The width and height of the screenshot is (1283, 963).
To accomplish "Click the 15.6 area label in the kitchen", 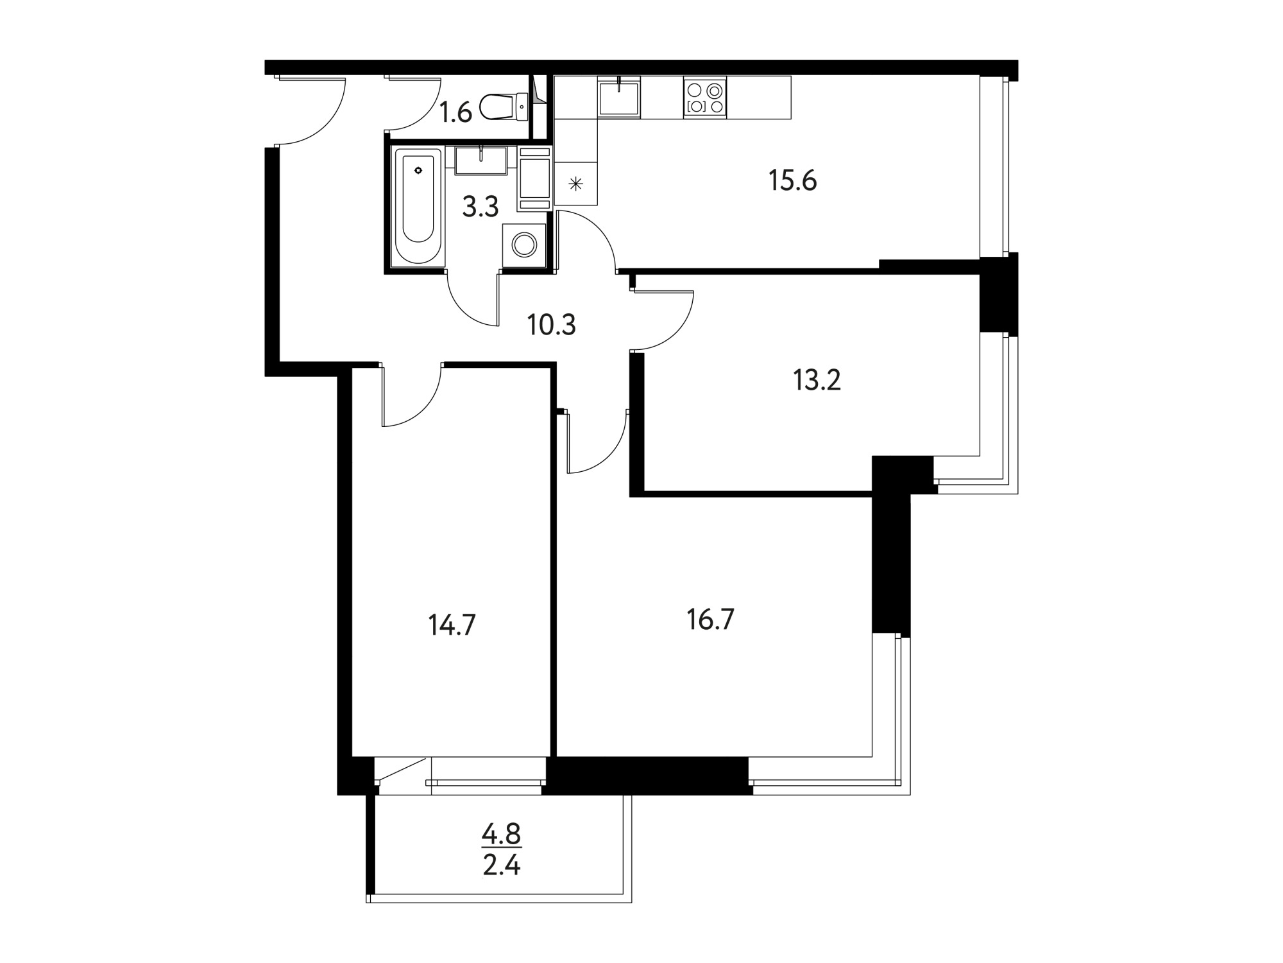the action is [792, 182].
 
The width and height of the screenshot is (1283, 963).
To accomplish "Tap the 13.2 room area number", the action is [817, 381].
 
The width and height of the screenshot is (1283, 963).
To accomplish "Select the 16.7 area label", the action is [710, 620].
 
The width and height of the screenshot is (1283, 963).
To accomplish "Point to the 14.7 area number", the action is [452, 625].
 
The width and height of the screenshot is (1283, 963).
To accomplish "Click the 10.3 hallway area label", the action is [552, 325].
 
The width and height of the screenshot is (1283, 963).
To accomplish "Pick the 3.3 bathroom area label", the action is [480, 207].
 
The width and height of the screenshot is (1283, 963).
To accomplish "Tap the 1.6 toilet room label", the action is [455, 113].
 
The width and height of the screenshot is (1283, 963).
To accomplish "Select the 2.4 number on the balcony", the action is [501, 866].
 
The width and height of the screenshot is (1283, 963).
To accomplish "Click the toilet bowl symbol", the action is [504, 107].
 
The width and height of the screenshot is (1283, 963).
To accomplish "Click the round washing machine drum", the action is [525, 244].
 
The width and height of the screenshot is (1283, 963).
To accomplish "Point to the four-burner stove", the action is [705, 97].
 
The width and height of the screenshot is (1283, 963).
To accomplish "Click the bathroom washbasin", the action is [480, 160].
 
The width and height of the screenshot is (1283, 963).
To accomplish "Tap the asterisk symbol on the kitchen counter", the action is [575, 185].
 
